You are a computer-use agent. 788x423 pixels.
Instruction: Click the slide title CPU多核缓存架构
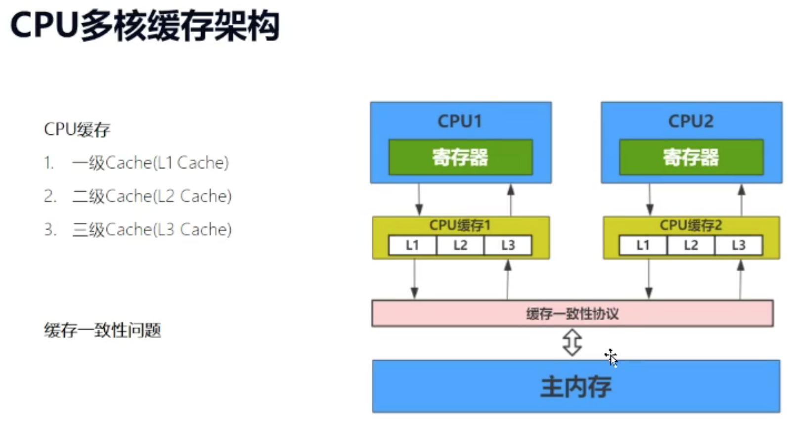144,26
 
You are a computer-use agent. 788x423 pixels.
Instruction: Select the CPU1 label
459,121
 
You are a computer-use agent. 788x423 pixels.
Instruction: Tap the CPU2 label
691,121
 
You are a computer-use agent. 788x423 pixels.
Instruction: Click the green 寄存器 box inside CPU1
460,157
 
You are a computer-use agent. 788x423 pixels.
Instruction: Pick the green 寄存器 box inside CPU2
691,157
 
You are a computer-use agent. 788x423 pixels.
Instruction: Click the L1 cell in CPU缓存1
412,245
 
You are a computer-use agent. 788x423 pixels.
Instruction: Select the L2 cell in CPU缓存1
460,245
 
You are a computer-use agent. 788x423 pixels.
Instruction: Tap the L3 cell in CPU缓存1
508,245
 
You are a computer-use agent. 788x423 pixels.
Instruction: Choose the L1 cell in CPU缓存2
643,245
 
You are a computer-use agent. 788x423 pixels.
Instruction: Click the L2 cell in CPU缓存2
691,245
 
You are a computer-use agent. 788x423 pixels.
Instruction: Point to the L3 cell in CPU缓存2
738,245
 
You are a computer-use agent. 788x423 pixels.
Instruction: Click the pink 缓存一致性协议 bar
572,313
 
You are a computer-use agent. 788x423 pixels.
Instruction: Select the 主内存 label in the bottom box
575,386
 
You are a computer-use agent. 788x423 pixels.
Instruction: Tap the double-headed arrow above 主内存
572,343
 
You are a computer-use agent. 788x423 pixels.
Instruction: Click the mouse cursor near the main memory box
612,357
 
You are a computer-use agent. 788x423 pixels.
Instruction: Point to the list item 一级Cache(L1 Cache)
150,163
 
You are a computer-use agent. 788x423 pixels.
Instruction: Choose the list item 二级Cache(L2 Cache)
151,196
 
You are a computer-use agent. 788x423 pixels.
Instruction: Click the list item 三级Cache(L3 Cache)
151,229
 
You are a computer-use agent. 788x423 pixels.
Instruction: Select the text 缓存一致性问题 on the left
102,330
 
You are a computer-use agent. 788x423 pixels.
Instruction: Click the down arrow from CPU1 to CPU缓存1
419,200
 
